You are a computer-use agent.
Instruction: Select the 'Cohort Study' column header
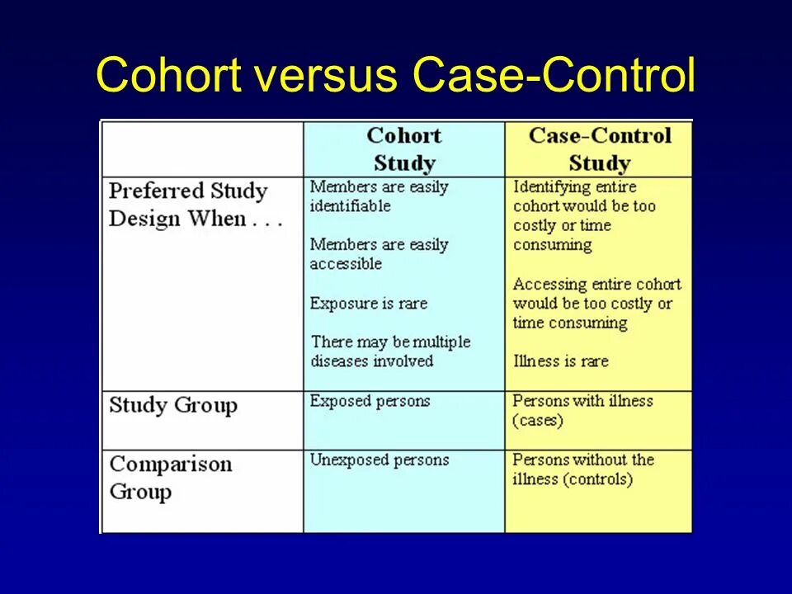coord(403,148)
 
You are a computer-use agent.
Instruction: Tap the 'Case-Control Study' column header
coord(600,148)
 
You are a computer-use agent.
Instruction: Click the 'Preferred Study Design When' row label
coord(196,205)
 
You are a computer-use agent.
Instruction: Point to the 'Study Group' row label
coord(173,405)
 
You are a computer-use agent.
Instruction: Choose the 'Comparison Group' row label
coord(171,478)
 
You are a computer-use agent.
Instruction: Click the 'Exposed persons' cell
coord(370,402)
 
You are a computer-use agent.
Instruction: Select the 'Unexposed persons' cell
coord(379,460)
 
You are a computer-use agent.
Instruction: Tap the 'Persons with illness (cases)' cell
coord(582,411)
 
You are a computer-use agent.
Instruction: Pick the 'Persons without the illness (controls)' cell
coord(582,469)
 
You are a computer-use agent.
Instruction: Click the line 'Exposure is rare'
coord(369,304)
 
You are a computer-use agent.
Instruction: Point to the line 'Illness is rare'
coord(560,361)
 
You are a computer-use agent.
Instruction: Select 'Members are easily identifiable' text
coord(379,196)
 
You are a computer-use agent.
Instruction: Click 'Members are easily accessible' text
coord(379,254)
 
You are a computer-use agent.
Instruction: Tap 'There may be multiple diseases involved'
coord(390,351)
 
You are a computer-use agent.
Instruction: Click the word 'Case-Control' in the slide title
coord(554,76)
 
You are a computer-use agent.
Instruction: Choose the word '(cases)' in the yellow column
coord(538,421)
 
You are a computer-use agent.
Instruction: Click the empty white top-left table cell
coord(202,148)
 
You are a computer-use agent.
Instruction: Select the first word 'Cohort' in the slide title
coord(169,76)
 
